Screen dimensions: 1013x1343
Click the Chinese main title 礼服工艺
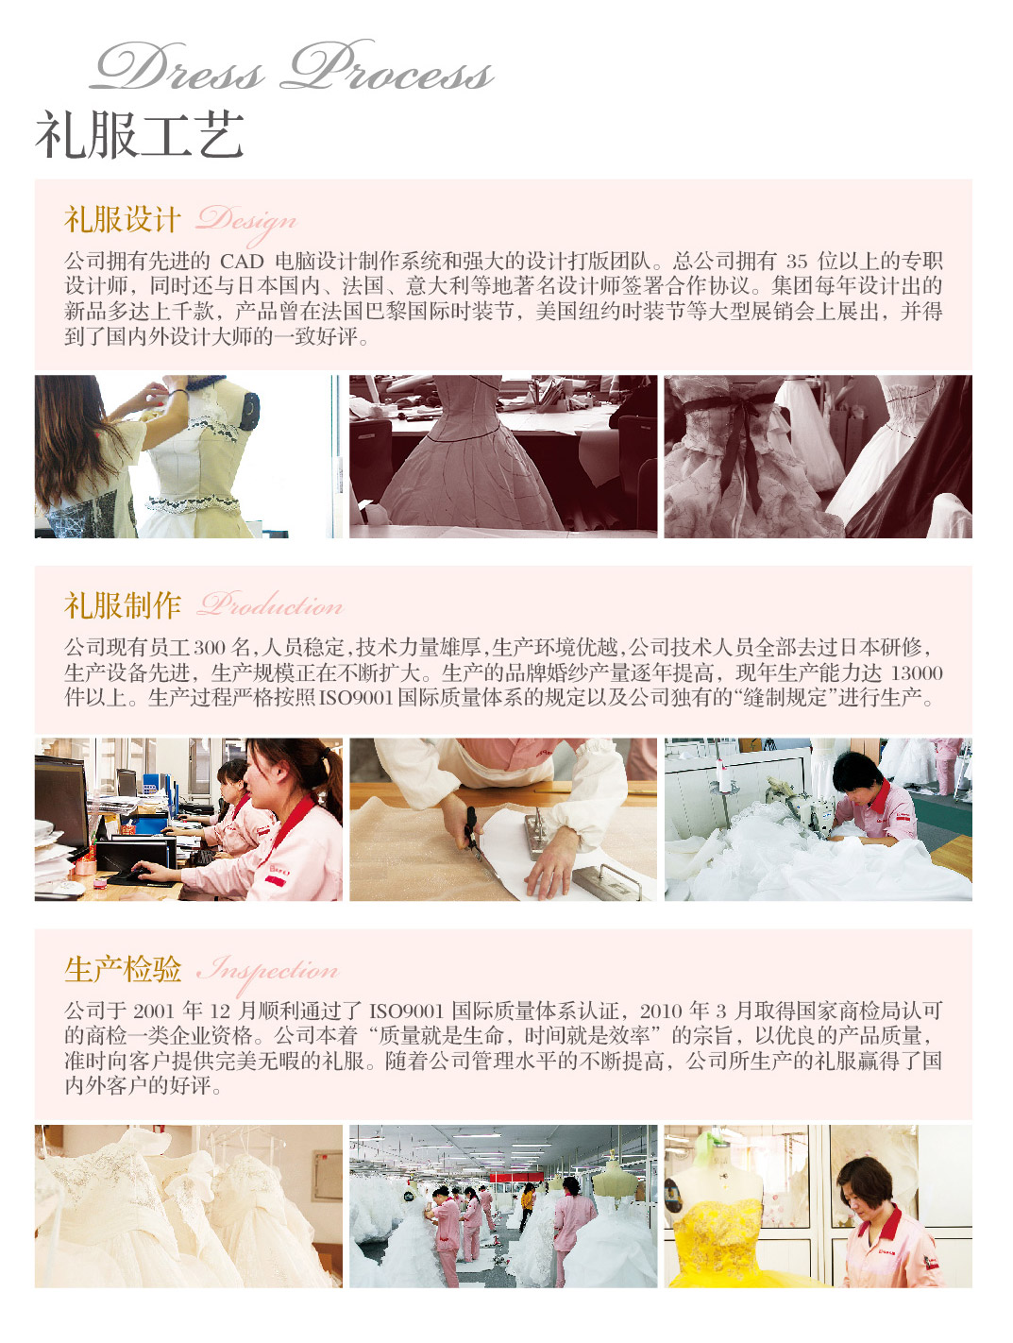(x=140, y=135)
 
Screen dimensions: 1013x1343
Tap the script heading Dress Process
(x=293, y=66)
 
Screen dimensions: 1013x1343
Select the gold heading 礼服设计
(x=123, y=219)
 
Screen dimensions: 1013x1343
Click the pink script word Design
(x=246, y=222)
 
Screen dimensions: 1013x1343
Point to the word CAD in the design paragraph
(x=242, y=262)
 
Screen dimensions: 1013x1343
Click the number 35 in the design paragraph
(x=797, y=262)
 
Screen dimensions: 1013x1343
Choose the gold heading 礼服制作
(x=123, y=605)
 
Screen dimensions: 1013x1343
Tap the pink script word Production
(x=270, y=604)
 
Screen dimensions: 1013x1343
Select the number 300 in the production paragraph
(x=209, y=648)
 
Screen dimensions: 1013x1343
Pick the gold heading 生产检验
(x=123, y=970)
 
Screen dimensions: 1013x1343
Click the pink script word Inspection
(x=268, y=972)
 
